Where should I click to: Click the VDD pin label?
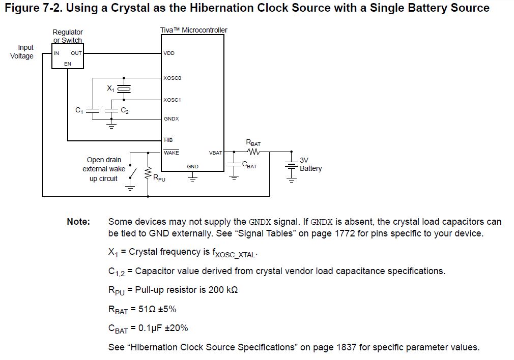169,53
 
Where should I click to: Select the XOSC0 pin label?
172,78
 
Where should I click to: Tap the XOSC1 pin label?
172,100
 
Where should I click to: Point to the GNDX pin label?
171,119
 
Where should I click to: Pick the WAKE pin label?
171,153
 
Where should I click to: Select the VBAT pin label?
215,153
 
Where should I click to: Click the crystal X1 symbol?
124,89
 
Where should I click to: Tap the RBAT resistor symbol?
253,152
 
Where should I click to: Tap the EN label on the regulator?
68,64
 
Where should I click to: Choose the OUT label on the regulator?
76,53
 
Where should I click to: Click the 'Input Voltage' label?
23,52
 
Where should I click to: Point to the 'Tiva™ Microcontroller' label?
193,30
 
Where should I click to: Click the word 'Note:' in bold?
78,222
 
